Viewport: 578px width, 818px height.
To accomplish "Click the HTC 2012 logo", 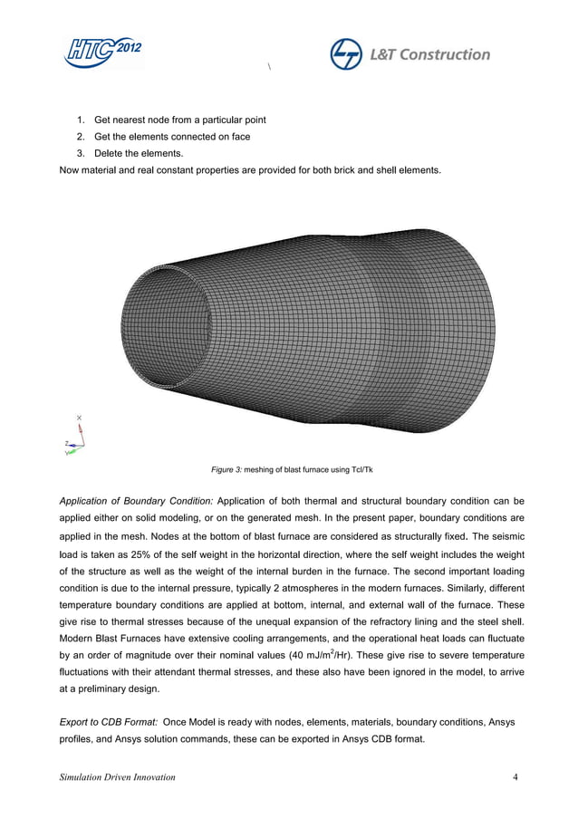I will [x=102, y=53].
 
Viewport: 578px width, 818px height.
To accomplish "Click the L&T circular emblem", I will [x=345, y=54].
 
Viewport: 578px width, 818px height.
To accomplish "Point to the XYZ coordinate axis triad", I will [x=75, y=439].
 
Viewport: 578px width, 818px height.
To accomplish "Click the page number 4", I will [x=515, y=777].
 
